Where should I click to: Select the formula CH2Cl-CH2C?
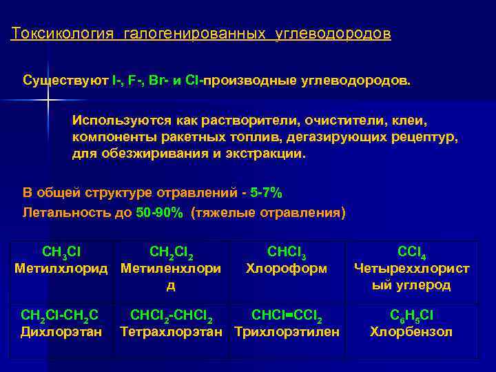point(59,316)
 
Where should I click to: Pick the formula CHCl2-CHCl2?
point(172,316)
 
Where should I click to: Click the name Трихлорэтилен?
point(287,332)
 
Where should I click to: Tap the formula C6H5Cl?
point(411,316)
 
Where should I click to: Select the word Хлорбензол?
point(411,332)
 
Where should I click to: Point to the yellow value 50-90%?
point(160,212)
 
